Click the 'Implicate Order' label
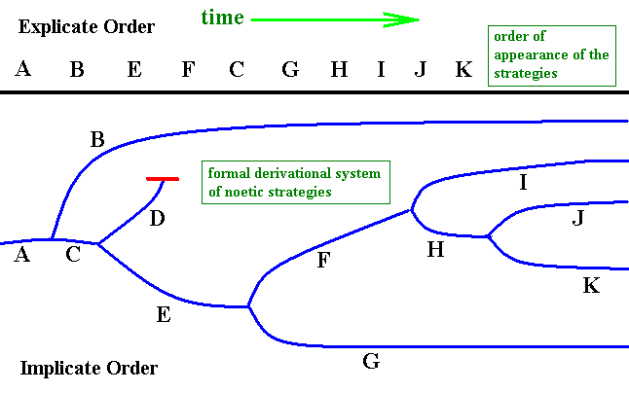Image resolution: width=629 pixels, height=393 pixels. tap(88, 369)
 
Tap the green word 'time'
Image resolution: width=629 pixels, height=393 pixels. tap(222, 17)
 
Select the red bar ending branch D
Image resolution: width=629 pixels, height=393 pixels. tap(162, 179)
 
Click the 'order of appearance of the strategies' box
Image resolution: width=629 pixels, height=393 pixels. tap(552, 54)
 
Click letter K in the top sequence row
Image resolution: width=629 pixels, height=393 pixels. tap(463, 70)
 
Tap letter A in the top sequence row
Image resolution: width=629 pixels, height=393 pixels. tap(23, 70)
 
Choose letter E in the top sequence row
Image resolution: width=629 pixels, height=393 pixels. tap(133, 70)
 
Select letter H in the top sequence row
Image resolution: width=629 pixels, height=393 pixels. tap(338, 70)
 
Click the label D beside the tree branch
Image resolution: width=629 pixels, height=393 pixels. tap(157, 219)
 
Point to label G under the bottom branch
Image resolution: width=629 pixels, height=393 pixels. tap(370, 363)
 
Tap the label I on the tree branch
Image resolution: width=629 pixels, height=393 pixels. tap(523, 182)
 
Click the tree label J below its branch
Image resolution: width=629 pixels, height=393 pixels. tap(578, 219)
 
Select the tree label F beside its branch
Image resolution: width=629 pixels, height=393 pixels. tap(323, 261)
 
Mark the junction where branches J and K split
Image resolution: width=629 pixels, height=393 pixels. tap(488, 236)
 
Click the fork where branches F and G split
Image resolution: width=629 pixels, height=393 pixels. tap(250, 307)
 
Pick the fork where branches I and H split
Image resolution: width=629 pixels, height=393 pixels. tap(413, 207)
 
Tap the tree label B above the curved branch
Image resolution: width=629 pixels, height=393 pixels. tap(96, 140)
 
